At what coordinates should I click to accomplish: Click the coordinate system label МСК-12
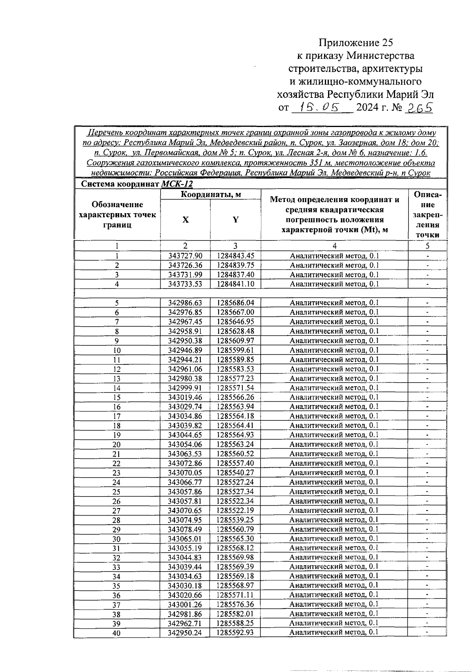click(x=177, y=184)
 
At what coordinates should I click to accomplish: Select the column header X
click(x=185, y=220)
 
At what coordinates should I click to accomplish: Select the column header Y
click(x=236, y=220)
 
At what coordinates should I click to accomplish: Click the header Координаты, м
click(x=211, y=194)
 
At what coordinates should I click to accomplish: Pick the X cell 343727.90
click(x=185, y=256)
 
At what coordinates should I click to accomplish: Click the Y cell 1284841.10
click(x=236, y=284)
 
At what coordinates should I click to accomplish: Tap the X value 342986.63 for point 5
click(x=185, y=303)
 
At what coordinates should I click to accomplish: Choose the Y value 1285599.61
click(x=236, y=350)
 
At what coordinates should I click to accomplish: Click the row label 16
click(x=117, y=407)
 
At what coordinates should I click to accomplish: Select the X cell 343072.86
click(x=185, y=463)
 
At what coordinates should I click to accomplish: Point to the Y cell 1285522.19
click(x=236, y=510)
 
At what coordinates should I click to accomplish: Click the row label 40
click(x=117, y=633)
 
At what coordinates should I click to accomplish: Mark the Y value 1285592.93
click(x=236, y=633)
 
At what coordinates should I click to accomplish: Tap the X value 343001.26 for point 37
click(x=185, y=605)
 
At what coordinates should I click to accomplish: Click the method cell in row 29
click(x=334, y=529)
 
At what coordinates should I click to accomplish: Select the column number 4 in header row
click(x=334, y=246)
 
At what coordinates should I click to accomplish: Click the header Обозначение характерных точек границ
click(x=117, y=215)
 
